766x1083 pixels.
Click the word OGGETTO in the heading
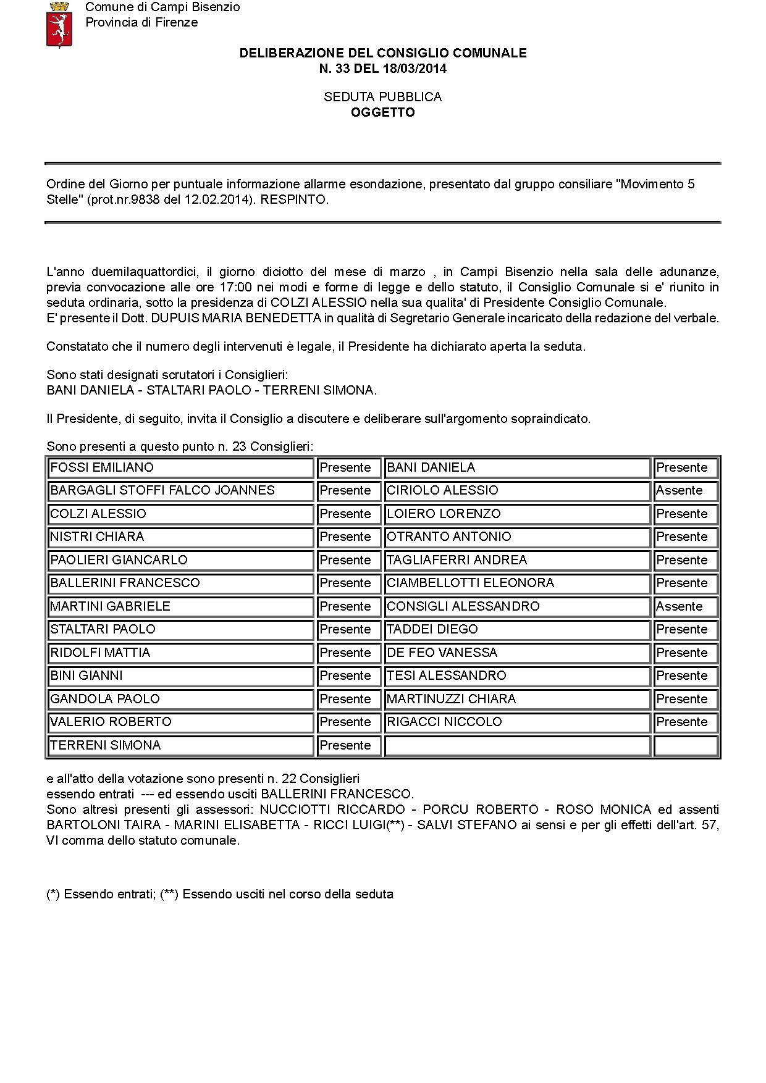click(x=383, y=112)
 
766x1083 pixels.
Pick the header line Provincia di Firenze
click(x=141, y=22)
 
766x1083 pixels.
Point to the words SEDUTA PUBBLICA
click(x=383, y=97)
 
